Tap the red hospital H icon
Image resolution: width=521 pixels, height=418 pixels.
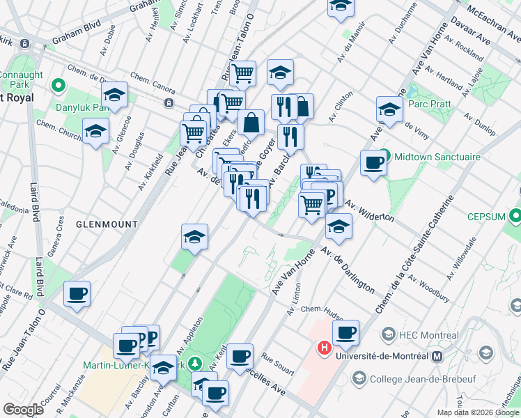tap(324, 346)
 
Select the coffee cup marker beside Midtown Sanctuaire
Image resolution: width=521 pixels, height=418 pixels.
tap(374, 163)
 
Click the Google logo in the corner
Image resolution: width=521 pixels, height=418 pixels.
tap(23, 409)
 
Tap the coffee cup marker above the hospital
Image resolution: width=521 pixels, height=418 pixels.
tap(345, 333)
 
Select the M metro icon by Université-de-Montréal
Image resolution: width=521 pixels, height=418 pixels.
tap(437, 357)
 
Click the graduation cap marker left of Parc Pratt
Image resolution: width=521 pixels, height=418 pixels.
tap(389, 109)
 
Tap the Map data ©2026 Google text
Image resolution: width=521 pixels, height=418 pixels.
tap(478, 412)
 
